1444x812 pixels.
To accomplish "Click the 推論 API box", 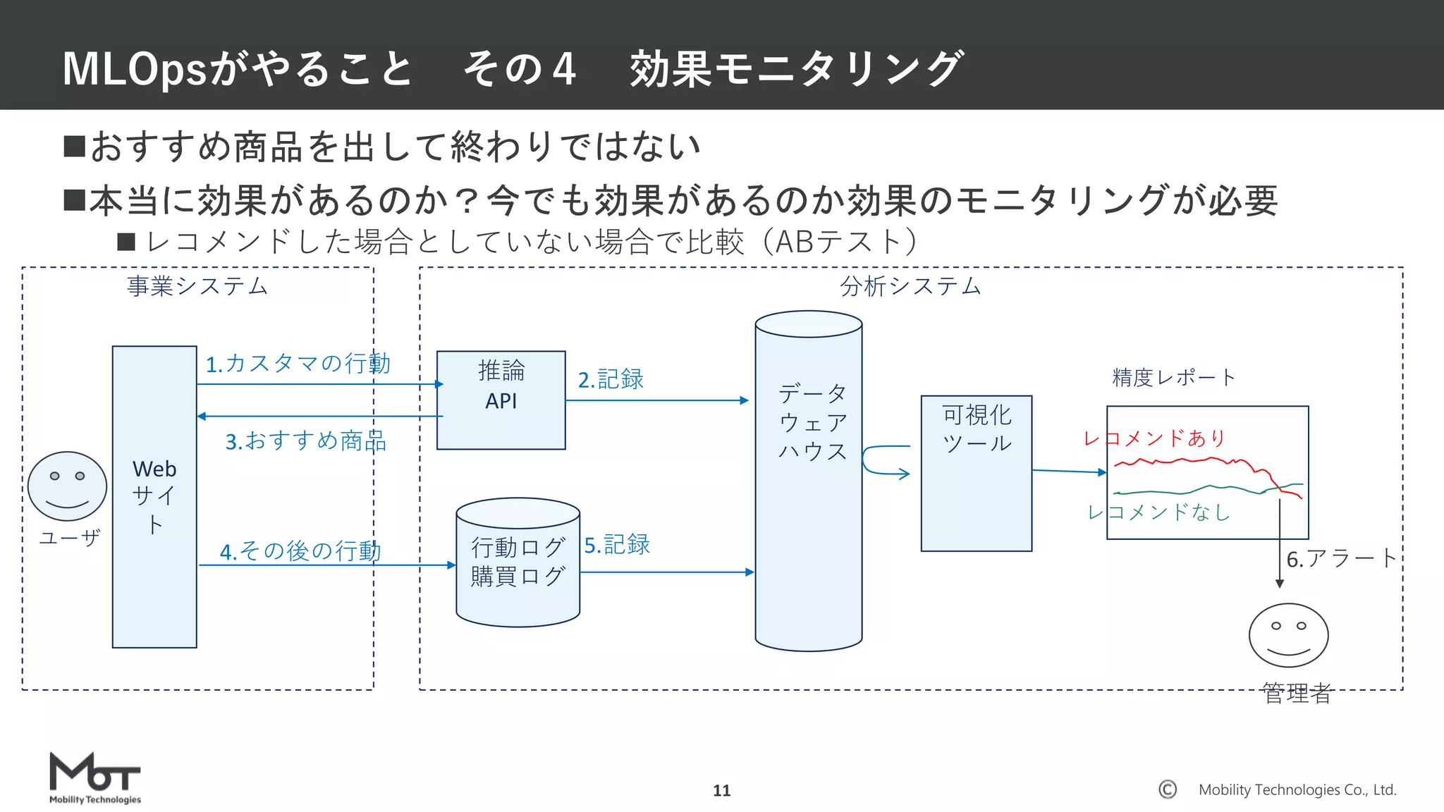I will (501, 400).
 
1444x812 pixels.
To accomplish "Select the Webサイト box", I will (154, 496).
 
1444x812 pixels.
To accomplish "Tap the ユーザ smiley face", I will (67, 486).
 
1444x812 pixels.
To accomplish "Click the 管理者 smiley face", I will (1288, 635).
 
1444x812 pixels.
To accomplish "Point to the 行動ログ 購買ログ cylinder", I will (518, 562).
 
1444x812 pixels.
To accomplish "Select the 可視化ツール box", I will (976, 472).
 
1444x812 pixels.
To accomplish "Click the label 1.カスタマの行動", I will (298, 364).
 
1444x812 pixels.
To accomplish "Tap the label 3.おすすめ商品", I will (305, 441).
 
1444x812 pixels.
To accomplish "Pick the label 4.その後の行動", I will (300, 550).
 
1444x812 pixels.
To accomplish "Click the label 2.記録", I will (611, 379).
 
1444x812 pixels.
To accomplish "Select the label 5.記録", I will (617, 544).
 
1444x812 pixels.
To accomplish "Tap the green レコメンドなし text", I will (1158, 512).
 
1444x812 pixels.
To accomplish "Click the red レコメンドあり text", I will (1154, 438).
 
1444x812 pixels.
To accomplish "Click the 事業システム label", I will (197, 286).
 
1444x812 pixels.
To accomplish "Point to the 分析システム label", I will (910, 286).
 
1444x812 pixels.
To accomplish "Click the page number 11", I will (721, 790).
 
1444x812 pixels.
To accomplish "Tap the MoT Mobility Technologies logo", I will (94, 777).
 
